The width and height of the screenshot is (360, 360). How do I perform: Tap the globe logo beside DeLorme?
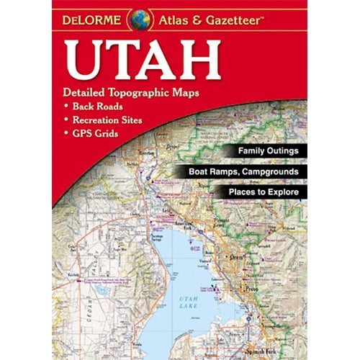[x=140, y=19]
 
